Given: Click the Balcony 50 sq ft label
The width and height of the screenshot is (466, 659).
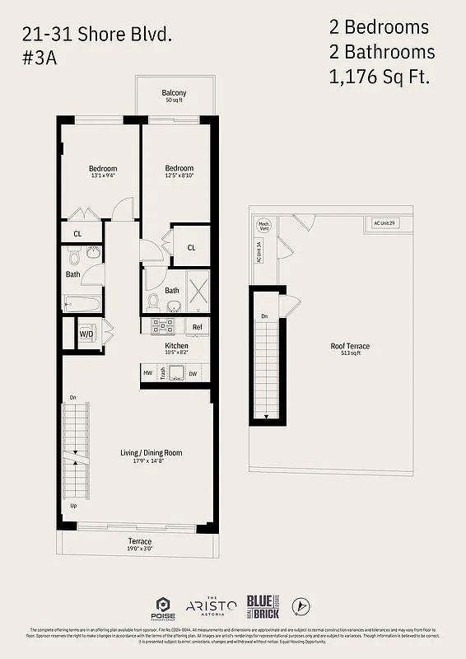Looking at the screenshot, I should coord(174,96).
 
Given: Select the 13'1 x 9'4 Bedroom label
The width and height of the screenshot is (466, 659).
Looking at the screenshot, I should coord(103,171).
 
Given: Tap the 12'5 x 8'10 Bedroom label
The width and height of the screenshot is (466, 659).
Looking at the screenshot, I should coord(179,171).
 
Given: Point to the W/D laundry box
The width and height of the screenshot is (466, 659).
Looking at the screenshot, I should coord(86,334).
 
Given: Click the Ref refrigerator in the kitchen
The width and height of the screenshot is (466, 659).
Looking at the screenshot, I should coord(198,327).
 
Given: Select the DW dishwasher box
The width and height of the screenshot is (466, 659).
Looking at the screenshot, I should coord(193,373).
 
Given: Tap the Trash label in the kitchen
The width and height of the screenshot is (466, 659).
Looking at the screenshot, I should coord(164,373).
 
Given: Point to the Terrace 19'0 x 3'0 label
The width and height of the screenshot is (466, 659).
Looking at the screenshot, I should coord(139,544).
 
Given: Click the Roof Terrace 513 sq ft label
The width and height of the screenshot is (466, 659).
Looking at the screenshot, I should coord(350,349).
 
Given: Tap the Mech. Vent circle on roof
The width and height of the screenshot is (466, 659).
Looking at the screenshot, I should coord(264,225).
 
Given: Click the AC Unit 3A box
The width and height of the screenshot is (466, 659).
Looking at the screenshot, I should coord(259,250).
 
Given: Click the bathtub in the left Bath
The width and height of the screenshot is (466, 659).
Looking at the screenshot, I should coord(82,305).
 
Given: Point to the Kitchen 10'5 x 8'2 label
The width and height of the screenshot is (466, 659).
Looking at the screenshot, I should coord(176,348).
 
